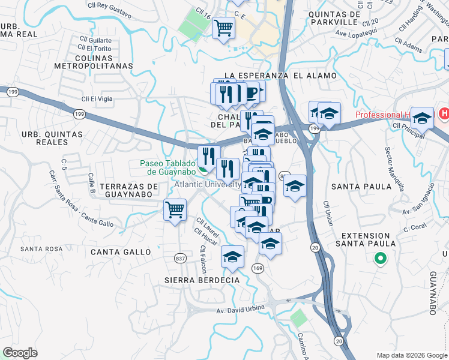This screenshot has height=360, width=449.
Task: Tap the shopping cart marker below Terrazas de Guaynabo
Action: click(x=175, y=211)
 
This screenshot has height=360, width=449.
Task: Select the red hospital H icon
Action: click(x=444, y=113)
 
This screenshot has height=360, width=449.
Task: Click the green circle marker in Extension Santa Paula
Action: click(x=379, y=259)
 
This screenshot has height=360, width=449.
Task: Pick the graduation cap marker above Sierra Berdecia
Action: click(x=232, y=257)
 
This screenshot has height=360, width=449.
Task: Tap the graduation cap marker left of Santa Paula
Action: click(x=295, y=187)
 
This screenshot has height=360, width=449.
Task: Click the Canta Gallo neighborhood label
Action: click(x=121, y=252)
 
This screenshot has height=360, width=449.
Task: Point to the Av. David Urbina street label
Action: click(x=241, y=310)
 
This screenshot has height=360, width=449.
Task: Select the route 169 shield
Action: click(x=258, y=268)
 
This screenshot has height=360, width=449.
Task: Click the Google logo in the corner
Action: click(x=20, y=352)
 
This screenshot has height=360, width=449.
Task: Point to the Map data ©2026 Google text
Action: click(x=412, y=355)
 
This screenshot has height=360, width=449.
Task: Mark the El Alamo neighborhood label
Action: click(x=315, y=76)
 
